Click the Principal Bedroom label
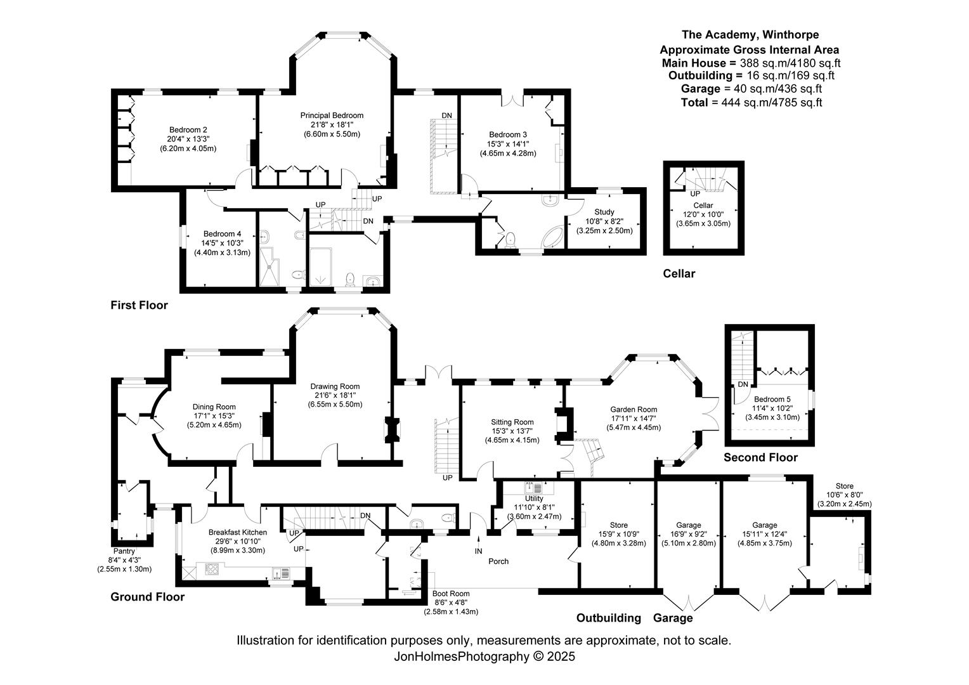332,115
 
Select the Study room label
604,212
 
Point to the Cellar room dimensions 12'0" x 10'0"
703,214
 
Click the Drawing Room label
335,386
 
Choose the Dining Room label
214,407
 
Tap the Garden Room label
634,410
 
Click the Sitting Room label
512,422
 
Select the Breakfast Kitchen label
237,532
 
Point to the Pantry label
124,551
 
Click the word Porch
498,561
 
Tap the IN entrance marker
478,551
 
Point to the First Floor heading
139,305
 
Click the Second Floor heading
760,457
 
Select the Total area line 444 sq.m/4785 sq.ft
751,102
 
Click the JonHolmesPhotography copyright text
484,657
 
